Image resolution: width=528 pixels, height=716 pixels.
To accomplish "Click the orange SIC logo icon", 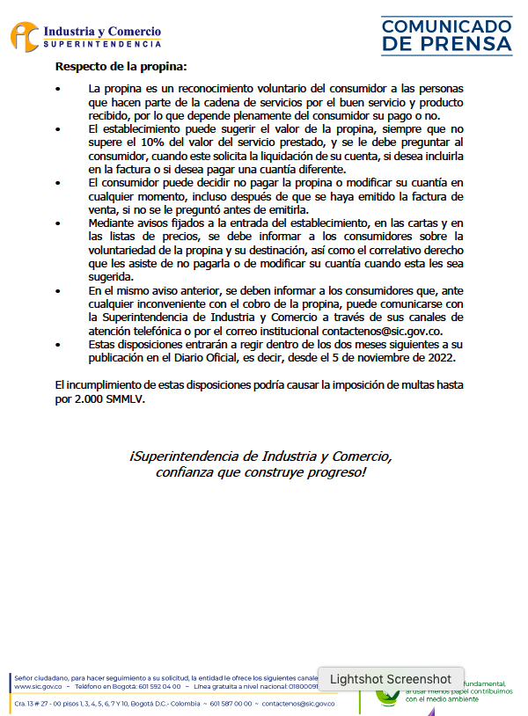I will coord(25,38).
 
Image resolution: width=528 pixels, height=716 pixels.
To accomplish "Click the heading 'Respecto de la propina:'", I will coord(121,66).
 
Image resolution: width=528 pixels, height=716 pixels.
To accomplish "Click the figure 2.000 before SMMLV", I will coord(91,398).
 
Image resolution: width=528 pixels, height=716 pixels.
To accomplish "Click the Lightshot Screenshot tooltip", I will coord(390,679).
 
